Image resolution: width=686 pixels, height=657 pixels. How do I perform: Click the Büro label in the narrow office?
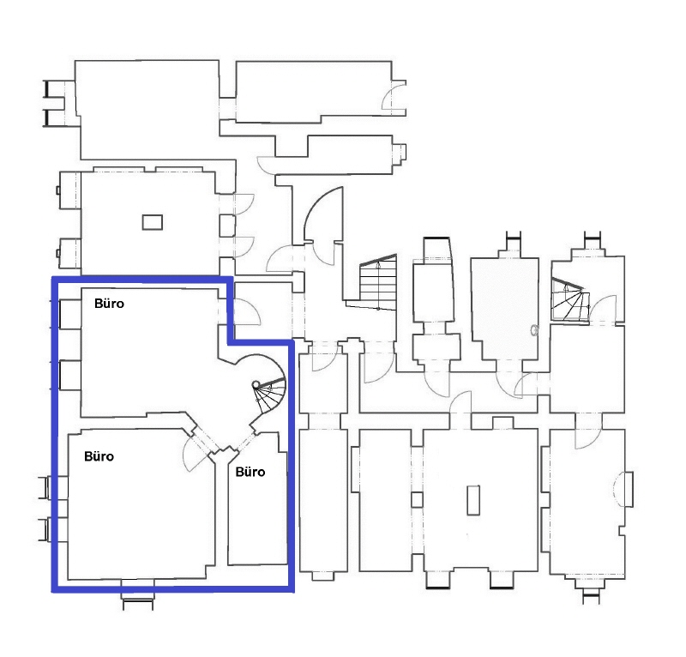(250, 472)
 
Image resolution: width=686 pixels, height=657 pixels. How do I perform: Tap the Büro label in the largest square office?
(99, 456)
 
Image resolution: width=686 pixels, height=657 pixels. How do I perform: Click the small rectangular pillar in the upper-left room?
(152, 221)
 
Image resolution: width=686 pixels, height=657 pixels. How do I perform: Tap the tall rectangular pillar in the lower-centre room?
(472, 500)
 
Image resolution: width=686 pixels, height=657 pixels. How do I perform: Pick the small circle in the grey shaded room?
(534, 329)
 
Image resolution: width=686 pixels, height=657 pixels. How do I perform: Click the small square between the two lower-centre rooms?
(417, 500)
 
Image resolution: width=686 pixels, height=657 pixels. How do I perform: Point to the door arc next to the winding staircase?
(605, 307)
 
